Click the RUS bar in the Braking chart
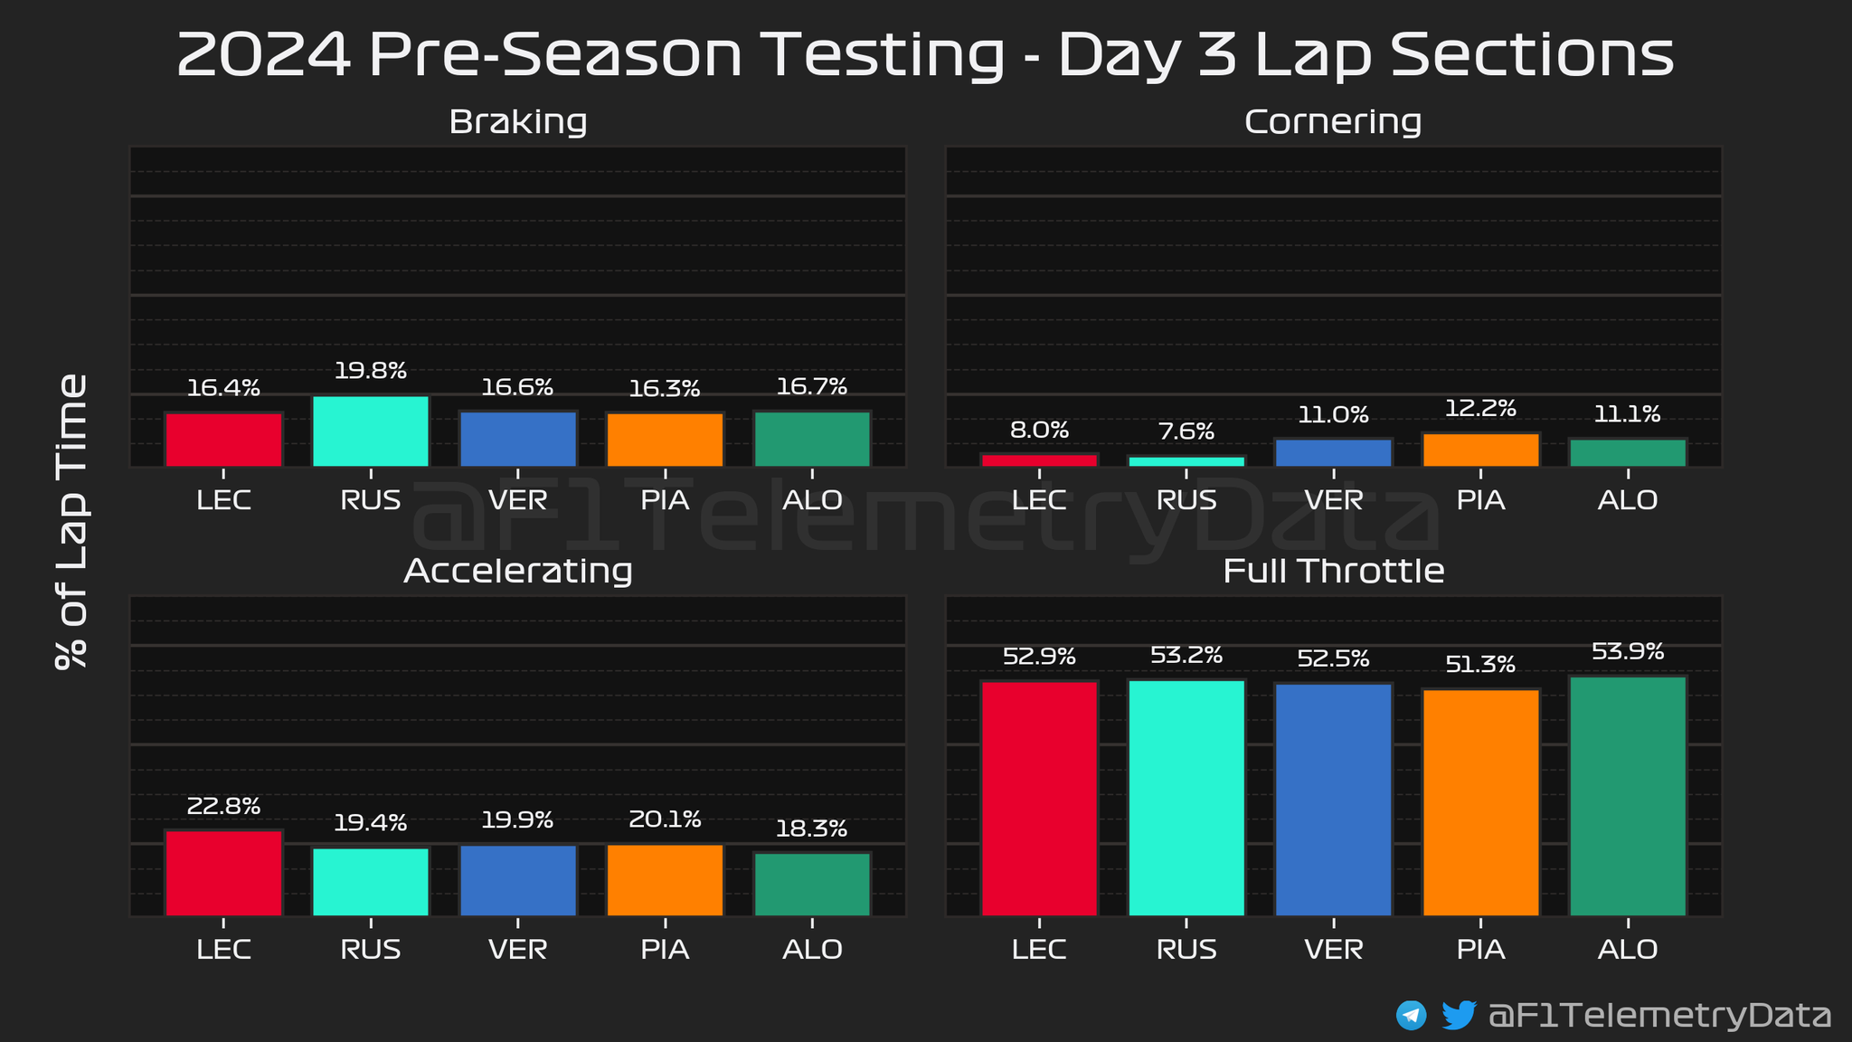371,431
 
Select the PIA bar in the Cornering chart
1480,450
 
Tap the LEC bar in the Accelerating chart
223,873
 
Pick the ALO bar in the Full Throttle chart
1628,796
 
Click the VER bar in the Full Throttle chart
1333,800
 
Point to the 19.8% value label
371,370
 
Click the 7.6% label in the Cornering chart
1186,431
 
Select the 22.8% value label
223,805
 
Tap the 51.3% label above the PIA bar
1480,665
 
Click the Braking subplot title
518,122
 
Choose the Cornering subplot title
1333,122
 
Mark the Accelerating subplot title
518,572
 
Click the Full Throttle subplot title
1333,572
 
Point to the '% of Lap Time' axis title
71,521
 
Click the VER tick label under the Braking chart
518,500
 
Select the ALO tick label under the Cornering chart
1628,500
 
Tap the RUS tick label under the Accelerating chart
371,950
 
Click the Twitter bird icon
1459,1015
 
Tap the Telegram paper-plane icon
1411,1015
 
